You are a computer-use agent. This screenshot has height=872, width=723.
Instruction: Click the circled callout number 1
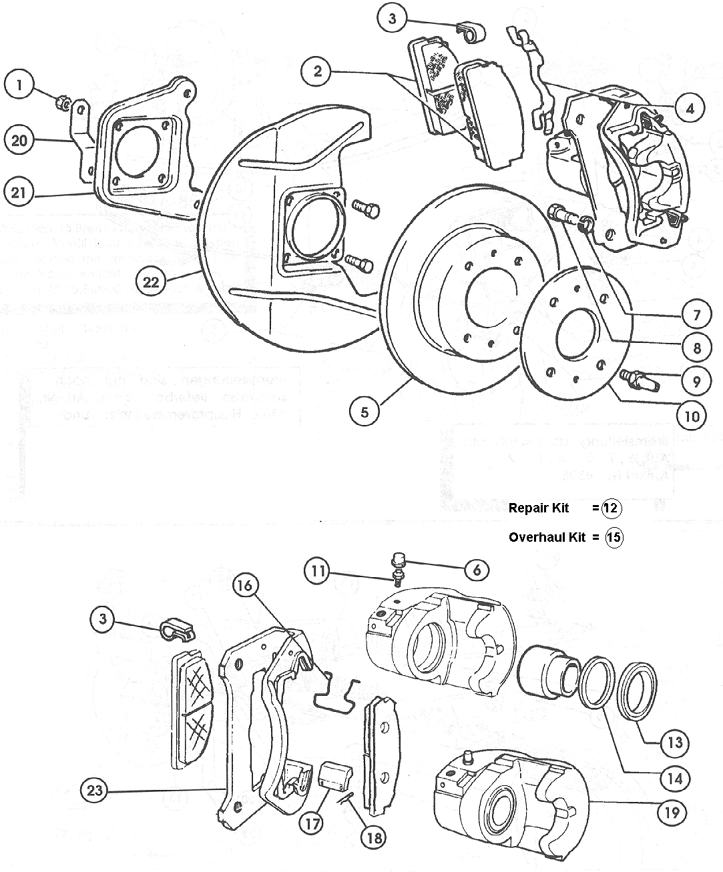point(20,85)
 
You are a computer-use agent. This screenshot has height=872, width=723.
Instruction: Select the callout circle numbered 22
point(153,282)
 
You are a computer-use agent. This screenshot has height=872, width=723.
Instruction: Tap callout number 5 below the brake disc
point(365,412)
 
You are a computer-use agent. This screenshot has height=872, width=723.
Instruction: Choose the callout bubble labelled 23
point(94,791)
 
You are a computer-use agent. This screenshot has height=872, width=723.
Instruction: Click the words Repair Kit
point(538,508)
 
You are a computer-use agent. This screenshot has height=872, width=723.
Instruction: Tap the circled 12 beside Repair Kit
point(611,508)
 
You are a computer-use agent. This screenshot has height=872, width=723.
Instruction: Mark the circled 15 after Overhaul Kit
point(614,537)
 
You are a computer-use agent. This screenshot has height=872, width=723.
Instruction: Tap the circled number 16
point(245,586)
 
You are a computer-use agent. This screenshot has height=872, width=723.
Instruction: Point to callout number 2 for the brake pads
point(318,70)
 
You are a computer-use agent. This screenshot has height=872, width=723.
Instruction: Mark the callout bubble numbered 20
point(20,140)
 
